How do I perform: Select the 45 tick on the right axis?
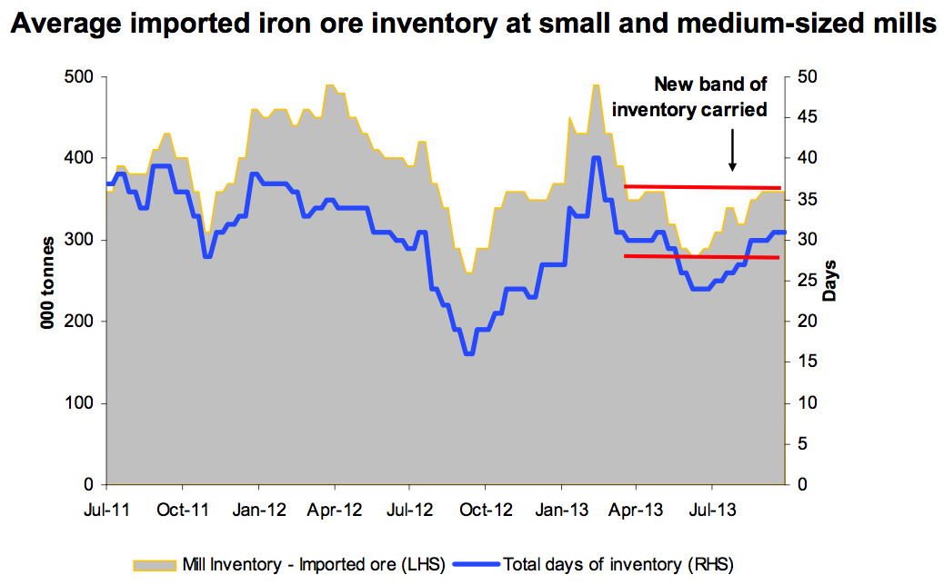tap(805, 118)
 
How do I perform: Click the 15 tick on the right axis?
tap(805, 362)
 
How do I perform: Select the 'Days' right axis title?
tap(830, 280)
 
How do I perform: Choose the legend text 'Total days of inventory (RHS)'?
tap(618, 564)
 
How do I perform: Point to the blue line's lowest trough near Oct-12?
tap(468, 353)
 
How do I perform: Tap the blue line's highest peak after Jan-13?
tap(596, 158)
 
